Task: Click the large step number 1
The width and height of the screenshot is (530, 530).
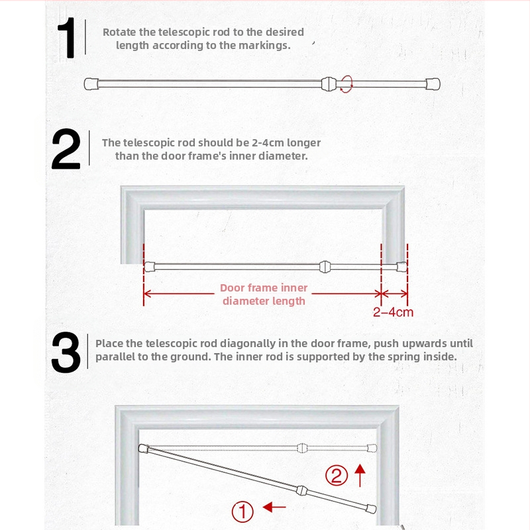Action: tap(68, 38)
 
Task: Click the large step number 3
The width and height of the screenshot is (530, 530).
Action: tap(66, 352)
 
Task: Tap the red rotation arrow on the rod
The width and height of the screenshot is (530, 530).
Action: tap(346, 83)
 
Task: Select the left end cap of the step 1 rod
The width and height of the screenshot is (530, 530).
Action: tap(91, 84)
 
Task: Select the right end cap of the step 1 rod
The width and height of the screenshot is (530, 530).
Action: tap(433, 84)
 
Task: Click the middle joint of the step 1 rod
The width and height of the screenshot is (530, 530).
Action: tap(329, 83)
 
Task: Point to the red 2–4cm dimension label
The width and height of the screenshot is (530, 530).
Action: tap(393, 312)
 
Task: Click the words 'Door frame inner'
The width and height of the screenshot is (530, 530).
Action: tap(264, 288)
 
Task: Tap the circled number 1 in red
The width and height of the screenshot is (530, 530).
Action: tap(242, 511)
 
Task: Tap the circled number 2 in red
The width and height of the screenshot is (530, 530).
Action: tap(337, 476)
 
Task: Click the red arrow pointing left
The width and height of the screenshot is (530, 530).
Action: tap(274, 507)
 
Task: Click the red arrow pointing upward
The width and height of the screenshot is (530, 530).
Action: tap(360, 475)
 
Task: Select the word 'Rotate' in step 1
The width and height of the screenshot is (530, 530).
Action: tap(120, 32)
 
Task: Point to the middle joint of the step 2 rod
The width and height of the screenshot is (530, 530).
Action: tap(325, 267)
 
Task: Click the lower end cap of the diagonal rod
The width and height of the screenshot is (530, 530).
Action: tap(371, 509)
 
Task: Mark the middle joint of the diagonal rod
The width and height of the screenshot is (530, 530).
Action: tap(301, 490)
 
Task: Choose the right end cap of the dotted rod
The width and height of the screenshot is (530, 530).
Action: tap(372, 449)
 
